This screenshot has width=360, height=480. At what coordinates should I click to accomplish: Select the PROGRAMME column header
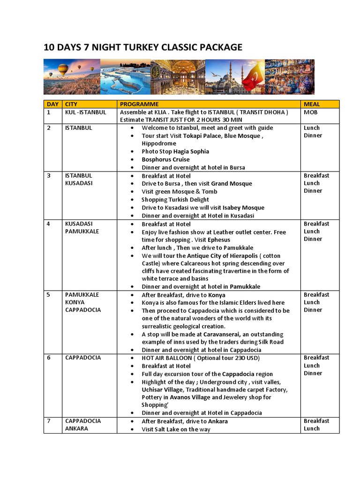coord(139,104)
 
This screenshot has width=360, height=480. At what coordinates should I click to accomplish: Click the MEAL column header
coord(312,104)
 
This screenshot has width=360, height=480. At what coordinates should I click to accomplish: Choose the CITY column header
coord(71,104)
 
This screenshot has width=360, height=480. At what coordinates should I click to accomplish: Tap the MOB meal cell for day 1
coord(311,112)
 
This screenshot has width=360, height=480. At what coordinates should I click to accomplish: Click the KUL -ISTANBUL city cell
coord(86,112)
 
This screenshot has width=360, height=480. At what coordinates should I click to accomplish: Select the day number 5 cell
coord(48,295)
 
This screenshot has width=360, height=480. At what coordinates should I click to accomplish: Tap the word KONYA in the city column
coord(75,302)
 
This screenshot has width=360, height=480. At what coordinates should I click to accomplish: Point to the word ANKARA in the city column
coord(76,428)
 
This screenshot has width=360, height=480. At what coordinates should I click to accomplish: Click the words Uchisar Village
coord(164,390)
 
